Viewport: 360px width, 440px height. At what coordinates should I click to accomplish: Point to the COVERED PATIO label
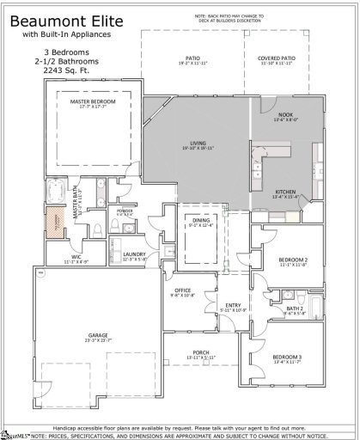278,59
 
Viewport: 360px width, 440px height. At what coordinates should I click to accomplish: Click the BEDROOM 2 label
293,260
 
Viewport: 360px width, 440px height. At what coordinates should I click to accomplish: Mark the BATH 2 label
295,308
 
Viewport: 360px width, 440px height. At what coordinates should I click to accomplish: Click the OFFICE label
183,291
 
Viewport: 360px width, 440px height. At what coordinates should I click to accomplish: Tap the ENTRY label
233,305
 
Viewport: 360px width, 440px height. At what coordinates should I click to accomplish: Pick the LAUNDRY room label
133,254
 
